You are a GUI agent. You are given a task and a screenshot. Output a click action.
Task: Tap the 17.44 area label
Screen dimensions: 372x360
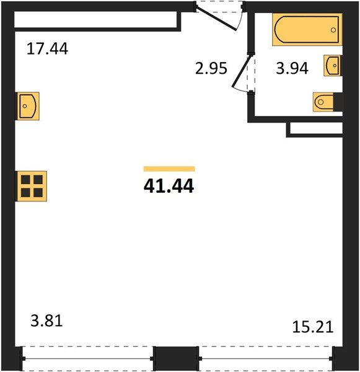47,48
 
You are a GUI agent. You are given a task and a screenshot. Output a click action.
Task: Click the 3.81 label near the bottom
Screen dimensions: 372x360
47,322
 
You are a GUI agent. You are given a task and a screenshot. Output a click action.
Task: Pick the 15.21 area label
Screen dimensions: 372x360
313,327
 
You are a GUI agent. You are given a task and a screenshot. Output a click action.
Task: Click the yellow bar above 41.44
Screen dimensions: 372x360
169,168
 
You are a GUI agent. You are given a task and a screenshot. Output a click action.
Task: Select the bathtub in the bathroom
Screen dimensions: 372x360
307,30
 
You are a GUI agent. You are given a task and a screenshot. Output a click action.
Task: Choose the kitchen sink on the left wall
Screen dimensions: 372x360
28,105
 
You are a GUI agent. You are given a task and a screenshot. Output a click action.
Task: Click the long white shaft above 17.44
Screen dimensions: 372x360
96,19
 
